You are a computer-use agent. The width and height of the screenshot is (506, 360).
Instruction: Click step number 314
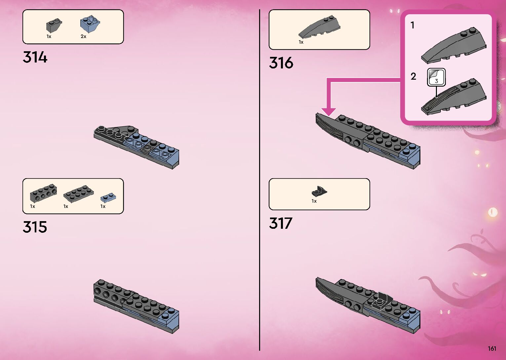35,57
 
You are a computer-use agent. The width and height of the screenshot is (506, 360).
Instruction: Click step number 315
35,227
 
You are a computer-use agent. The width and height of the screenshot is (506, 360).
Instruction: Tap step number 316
281,63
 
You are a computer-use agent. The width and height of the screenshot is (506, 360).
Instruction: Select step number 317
281,223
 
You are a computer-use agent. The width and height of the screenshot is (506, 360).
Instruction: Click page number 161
492,348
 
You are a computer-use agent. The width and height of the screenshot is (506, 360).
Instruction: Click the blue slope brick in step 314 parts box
90,24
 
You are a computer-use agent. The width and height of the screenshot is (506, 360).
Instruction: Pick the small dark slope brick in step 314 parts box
54,25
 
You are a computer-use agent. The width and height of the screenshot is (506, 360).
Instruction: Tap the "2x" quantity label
83,36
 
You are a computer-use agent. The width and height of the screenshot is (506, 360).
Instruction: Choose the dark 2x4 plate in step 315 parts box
78,193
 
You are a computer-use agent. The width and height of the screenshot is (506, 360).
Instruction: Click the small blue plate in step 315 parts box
108,197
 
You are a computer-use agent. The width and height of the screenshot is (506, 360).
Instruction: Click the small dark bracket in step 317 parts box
319,191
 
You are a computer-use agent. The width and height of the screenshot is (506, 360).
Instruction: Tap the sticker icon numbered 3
436,77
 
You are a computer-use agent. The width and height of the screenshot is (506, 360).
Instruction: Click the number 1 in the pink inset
412,25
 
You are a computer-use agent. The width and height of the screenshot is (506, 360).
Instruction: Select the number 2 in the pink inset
413,76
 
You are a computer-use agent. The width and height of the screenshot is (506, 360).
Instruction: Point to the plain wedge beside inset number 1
453,46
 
